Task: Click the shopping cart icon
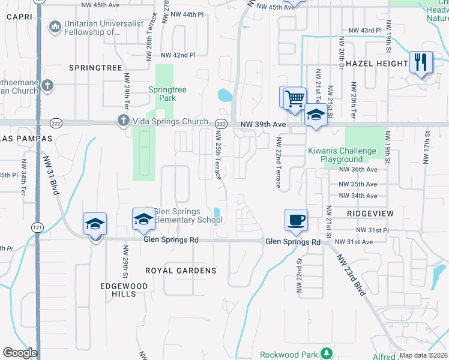294,98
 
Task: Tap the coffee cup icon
296,220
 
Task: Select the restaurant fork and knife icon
421,62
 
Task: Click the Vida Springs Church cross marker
123,121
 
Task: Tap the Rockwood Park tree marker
326,353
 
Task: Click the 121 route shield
37,227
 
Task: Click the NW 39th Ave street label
262,124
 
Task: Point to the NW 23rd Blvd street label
351,276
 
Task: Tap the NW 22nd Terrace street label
279,162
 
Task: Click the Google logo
20,353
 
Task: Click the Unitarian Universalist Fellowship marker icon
55,26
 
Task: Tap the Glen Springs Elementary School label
188,215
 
